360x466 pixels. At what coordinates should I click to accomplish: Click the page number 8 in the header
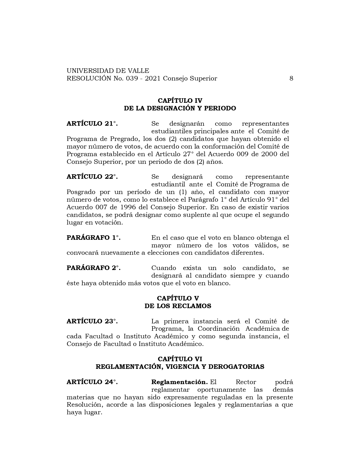pyautogui.click(x=291, y=79)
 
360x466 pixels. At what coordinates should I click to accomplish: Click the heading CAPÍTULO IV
pyautogui.click(x=180, y=101)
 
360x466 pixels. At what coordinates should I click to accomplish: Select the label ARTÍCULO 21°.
pyautogui.click(x=92, y=124)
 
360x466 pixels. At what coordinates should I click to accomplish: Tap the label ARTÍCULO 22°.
pyautogui.click(x=92, y=177)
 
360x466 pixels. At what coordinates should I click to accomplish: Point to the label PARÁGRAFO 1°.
pyautogui.click(x=93, y=238)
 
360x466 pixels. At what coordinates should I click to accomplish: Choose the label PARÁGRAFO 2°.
pyautogui.click(x=93, y=268)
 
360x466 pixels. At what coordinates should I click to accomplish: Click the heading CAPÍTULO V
pyautogui.click(x=178, y=299)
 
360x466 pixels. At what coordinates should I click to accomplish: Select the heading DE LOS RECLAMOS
pyautogui.click(x=178, y=306)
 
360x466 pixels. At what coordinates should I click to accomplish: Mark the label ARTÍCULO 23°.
pyautogui.click(x=92, y=321)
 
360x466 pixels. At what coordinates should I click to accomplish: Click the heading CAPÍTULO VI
pyautogui.click(x=180, y=359)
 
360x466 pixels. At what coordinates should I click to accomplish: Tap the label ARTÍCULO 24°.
pyautogui.click(x=92, y=382)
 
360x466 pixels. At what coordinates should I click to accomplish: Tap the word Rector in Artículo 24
pyautogui.click(x=246, y=382)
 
